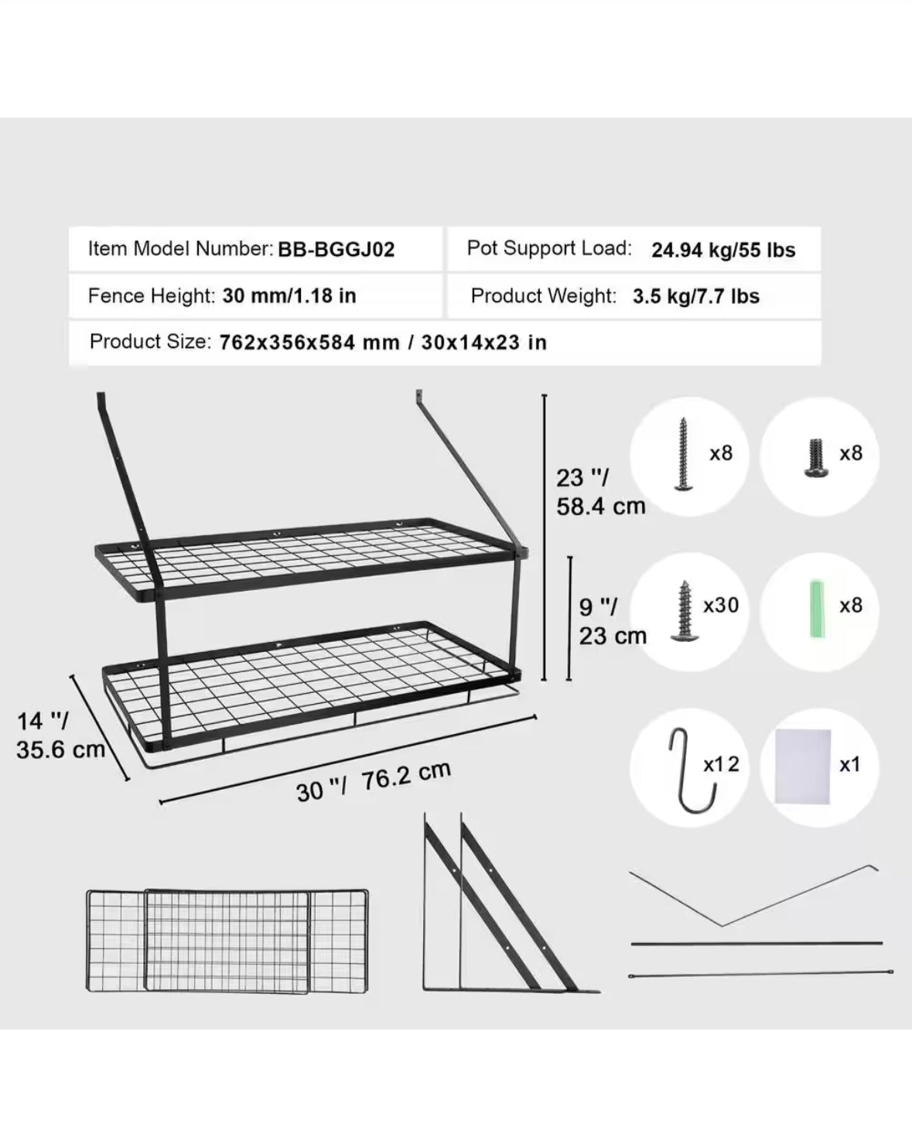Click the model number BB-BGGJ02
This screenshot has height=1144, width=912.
coord(336,249)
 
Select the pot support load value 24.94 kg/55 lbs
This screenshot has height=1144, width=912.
coord(723,250)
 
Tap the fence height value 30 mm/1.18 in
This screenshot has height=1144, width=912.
coord(289,295)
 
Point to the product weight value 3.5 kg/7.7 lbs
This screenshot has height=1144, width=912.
coord(696,296)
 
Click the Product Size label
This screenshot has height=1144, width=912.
coord(151,341)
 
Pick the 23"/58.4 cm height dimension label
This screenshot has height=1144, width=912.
coord(601,492)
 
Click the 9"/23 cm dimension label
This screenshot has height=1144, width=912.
coord(613,621)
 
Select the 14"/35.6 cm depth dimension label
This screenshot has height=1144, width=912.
coord(60,735)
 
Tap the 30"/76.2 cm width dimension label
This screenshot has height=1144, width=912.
coord(374,782)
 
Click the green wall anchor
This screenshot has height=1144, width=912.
coord(816,610)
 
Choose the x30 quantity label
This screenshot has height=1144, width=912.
coord(721,605)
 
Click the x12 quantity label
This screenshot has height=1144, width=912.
coord(721,764)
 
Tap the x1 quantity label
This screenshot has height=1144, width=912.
coord(850,764)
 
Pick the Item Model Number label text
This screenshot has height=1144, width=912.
coord(181,249)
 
